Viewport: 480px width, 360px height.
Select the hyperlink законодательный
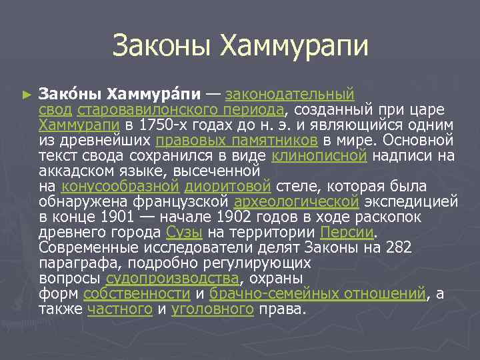(290, 94)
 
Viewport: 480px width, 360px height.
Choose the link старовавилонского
(143, 109)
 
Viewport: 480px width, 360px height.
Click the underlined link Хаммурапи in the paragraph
(79, 125)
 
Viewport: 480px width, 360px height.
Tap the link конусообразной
(120, 186)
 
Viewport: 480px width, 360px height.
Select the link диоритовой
(227, 186)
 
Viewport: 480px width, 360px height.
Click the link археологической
(297, 201)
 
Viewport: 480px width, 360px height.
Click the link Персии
(347, 232)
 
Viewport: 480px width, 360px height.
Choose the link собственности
(137, 293)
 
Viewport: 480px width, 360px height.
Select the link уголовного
(213, 309)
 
